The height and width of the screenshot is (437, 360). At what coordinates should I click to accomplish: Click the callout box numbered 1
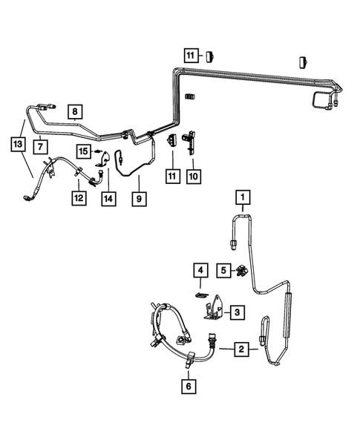(x=243, y=197)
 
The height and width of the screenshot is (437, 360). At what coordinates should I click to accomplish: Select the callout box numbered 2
(x=241, y=349)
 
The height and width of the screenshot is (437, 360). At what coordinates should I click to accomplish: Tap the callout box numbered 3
(x=238, y=312)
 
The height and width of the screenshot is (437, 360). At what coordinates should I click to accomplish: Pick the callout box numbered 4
(x=200, y=270)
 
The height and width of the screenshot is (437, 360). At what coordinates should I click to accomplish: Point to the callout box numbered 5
(x=223, y=270)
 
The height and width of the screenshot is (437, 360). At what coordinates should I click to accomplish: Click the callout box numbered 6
(x=189, y=387)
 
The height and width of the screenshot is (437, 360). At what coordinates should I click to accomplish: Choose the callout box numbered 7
(x=40, y=147)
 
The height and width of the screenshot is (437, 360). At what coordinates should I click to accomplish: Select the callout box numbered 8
(x=75, y=112)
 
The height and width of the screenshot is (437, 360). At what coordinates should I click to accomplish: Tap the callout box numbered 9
(x=139, y=199)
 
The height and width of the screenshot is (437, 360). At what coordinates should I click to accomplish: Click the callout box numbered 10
(x=194, y=177)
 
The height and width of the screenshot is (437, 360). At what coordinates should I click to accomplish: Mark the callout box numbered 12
(x=79, y=198)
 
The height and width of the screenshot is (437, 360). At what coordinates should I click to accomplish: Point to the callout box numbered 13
(x=18, y=145)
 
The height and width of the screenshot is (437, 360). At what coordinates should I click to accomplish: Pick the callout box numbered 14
(x=108, y=199)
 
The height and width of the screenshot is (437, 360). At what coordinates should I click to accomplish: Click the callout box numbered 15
(x=84, y=151)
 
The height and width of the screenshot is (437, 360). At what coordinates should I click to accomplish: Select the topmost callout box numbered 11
(x=191, y=56)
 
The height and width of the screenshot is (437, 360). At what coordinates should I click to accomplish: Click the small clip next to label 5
(x=240, y=271)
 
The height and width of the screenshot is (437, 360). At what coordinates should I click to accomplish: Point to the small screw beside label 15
(x=97, y=151)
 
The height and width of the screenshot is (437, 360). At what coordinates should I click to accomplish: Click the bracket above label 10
(x=189, y=142)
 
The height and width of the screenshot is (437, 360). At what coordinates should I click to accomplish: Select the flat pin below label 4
(x=200, y=295)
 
